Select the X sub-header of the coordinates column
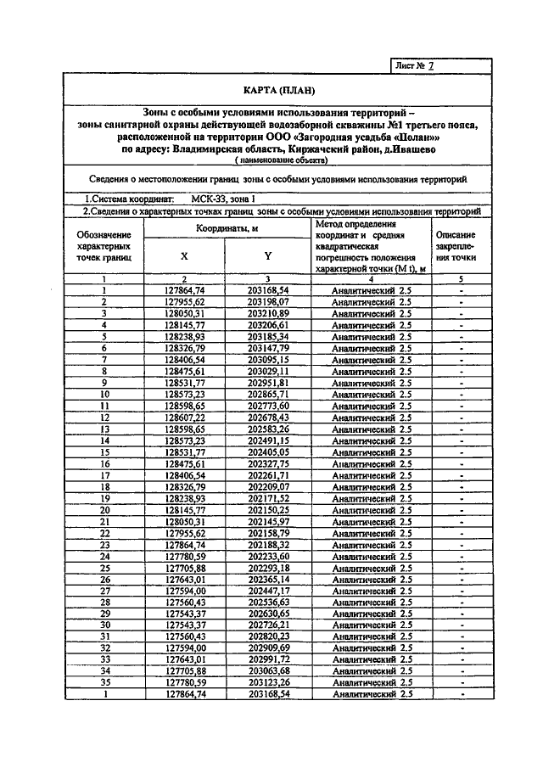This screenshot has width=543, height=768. [x=184, y=255]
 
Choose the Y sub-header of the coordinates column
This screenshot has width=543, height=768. [x=267, y=255]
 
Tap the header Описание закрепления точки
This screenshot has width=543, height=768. [x=455, y=245]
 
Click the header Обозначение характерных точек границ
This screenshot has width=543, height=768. [x=104, y=245]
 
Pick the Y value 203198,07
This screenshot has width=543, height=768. [x=267, y=301]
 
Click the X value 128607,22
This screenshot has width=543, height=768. [x=184, y=418]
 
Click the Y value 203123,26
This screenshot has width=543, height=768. [x=267, y=682]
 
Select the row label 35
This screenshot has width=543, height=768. [x=104, y=682]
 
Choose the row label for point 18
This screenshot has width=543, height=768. [x=104, y=487]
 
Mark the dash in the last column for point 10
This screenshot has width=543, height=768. [x=460, y=395]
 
